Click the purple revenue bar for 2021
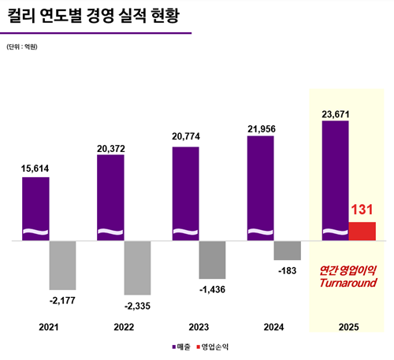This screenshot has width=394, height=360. pos(35,208)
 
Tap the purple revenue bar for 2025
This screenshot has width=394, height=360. pos(336,180)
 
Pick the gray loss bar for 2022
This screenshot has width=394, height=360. pos(137,268)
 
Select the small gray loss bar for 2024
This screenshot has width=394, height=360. pos(287,251)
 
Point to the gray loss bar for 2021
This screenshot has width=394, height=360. pos(62,265)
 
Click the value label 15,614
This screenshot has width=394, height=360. pos(35,168)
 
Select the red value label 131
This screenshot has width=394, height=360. pos(362,210)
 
